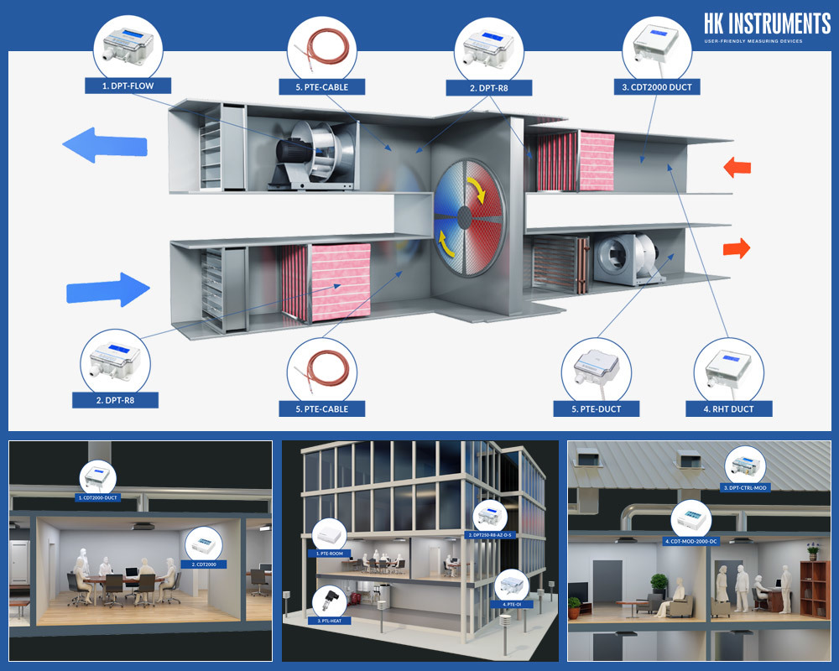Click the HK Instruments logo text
point(767,23)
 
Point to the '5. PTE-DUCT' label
point(597,408)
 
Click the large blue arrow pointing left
point(105,146)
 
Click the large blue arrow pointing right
point(108,290)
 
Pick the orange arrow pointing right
point(736,248)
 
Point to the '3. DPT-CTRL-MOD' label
point(745,487)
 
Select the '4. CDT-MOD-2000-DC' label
point(691,541)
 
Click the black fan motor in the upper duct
point(294,154)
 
